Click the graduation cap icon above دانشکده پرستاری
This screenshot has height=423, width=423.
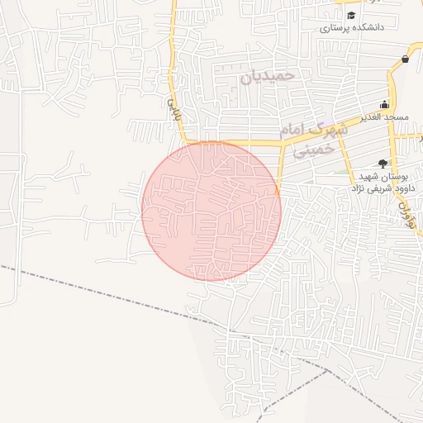[x=351, y=15]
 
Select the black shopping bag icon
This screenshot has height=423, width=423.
[x=405, y=59]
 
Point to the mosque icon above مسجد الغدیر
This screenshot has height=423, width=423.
[x=384, y=104]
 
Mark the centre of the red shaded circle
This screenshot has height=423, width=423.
[x=211, y=211]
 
